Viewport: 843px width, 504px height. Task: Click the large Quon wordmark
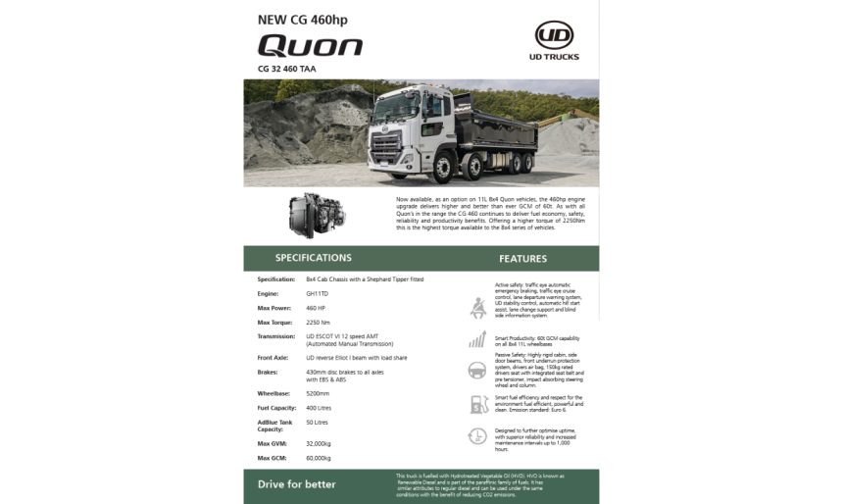click(310, 46)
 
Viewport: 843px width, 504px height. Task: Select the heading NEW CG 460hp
click(302, 19)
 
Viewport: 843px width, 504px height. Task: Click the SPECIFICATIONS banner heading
click(313, 258)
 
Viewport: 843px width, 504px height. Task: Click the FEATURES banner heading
click(522, 259)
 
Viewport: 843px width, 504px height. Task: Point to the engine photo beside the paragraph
click(317, 213)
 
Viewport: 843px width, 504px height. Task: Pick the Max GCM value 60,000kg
click(319, 458)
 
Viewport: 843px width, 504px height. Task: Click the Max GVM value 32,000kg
click(319, 443)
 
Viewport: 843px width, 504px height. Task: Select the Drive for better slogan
click(296, 484)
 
